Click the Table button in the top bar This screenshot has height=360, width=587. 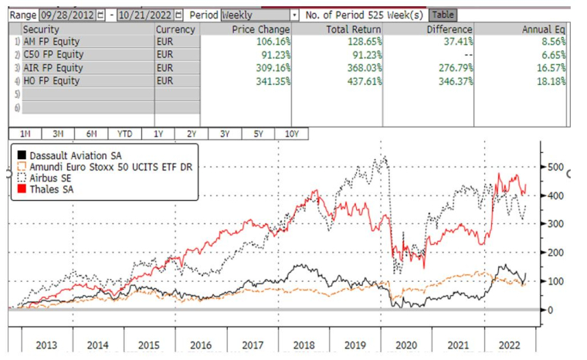tap(442, 15)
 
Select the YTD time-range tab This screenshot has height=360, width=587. tap(124, 134)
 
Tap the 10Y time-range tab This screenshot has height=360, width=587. tap(291, 134)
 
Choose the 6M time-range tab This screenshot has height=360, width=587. tap(91, 134)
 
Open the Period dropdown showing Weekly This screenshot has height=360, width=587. tap(260, 15)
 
